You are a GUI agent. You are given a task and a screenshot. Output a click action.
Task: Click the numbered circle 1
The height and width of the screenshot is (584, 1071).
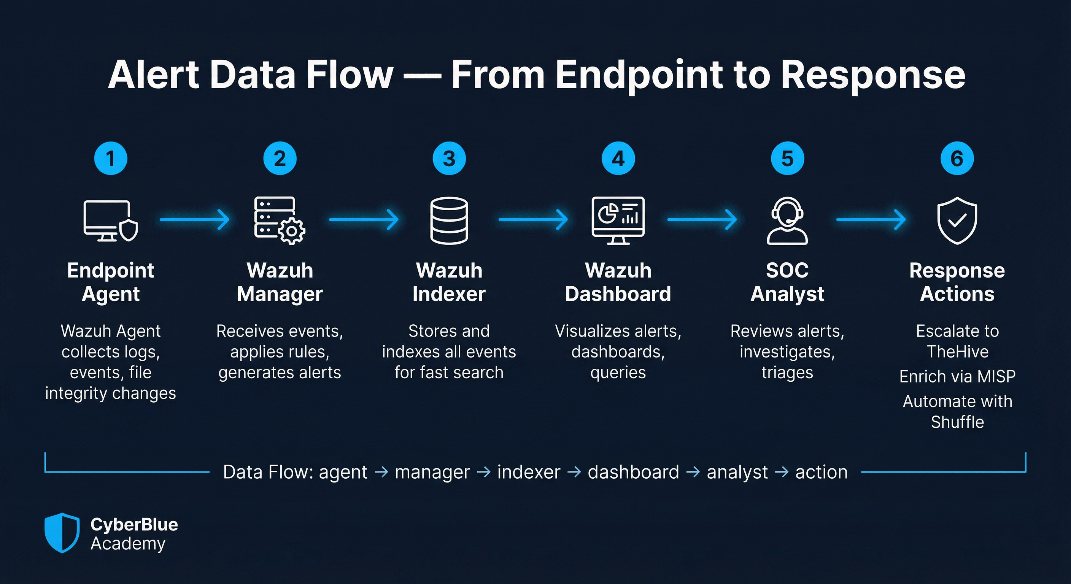coord(111,159)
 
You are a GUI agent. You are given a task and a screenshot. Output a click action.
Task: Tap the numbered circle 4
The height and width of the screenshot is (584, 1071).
coord(618,159)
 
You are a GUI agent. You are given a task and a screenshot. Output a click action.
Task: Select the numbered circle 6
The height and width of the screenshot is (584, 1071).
coord(957,159)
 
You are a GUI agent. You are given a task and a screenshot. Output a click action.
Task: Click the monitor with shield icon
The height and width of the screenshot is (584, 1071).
coord(111,221)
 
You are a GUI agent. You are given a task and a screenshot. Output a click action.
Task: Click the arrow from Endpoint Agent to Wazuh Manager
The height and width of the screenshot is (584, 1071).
coord(195,219)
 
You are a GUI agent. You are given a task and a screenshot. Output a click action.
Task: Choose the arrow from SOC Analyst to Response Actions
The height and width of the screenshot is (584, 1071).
coord(871,219)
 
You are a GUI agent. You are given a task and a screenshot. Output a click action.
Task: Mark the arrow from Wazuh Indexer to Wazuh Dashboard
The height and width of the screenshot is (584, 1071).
coord(533,219)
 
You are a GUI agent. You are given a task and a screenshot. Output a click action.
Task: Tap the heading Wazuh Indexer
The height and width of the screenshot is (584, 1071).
coord(449,282)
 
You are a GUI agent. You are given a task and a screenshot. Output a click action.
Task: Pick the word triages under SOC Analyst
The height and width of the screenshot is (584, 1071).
coord(787,373)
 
